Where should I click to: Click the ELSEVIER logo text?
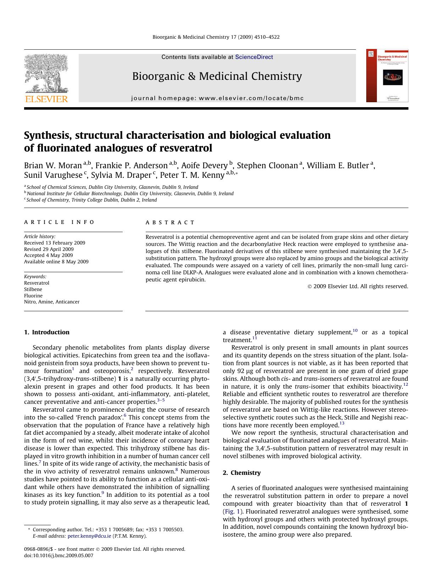coord(46,99)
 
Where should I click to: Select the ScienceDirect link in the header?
coord(254,57)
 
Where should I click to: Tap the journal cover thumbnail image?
coord(387,76)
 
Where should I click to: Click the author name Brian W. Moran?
coord(53,166)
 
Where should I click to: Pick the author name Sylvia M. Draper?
coord(122,175)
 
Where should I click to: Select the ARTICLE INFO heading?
coord(59,222)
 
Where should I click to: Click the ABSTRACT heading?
coord(170,223)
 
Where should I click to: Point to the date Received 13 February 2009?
coord(55,243)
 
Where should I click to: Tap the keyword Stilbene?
coord(33,289)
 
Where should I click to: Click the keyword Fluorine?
coord(33,296)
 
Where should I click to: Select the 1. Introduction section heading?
coord(47,332)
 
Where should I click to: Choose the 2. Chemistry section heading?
coord(241,473)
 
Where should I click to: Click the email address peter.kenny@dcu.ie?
coord(89,536)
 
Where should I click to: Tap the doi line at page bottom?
coord(59,555)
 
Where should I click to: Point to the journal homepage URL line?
coord(217,98)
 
